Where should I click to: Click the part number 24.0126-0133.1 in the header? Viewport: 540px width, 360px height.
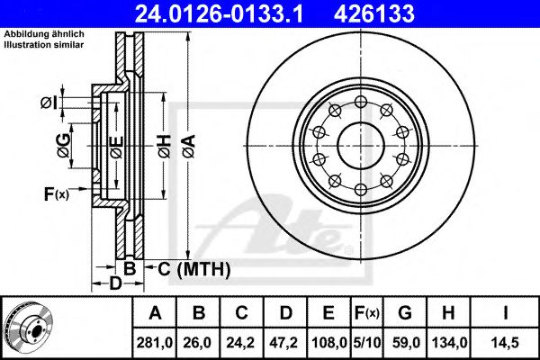click(x=219, y=13)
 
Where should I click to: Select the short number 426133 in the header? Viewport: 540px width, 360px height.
click(x=374, y=13)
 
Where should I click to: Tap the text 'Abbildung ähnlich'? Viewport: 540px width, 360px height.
click(x=44, y=34)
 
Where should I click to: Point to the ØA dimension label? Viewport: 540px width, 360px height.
click(x=189, y=146)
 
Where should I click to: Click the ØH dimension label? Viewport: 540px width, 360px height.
click(x=165, y=146)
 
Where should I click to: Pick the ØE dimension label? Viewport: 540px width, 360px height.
click(x=117, y=147)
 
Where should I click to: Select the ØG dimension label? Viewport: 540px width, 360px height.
click(x=64, y=146)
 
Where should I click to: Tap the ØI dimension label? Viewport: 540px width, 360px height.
click(x=49, y=103)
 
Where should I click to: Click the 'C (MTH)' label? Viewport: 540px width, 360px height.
click(x=193, y=269)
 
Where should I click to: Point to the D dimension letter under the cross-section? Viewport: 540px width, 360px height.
click(x=116, y=283)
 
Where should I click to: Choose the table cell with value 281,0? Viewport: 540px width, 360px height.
click(x=154, y=343)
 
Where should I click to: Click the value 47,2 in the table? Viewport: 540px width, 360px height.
click(x=284, y=343)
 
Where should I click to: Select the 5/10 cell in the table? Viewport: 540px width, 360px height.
click(x=367, y=343)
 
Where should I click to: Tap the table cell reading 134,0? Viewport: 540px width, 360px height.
click(x=448, y=343)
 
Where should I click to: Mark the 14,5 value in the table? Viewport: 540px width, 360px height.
click(x=505, y=343)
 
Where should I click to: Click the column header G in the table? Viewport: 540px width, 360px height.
click(x=405, y=313)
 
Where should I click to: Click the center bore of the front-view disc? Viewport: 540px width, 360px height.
click(x=361, y=146)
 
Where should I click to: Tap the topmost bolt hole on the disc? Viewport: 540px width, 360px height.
click(x=361, y=102)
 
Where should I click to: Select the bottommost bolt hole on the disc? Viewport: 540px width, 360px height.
click(x=361, y=189)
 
